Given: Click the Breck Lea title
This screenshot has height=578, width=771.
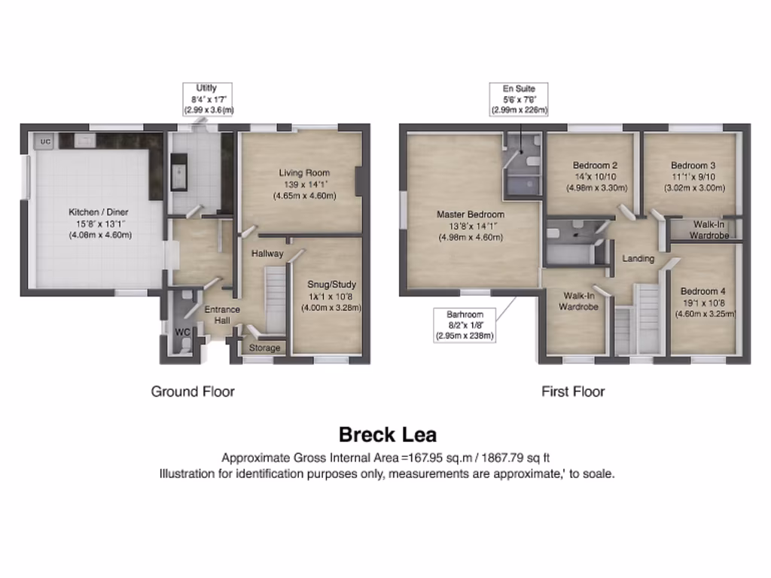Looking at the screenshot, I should click(x=387, y=435).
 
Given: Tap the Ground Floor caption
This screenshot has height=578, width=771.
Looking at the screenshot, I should click(x=193, y=391).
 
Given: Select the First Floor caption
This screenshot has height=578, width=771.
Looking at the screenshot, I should click(x=573, y=391).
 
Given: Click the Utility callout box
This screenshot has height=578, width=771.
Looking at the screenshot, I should click(x=208, y=99).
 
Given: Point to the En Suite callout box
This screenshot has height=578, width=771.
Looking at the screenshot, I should click(x=519, y=99).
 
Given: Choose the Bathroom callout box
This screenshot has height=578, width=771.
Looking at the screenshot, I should click(x=464, y=325).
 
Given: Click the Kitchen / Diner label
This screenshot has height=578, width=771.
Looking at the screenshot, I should click(x=100, y=212).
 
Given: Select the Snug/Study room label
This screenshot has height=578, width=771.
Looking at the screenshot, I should click(x=331, y=284).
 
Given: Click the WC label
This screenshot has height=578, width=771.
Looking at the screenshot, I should click(x=181, y=332).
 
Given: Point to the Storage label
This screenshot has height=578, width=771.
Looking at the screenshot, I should click(x=264, y=348).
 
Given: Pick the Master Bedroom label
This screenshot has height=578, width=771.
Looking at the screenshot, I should click(x=471, y=214).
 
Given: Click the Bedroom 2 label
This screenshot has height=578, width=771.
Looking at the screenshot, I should click(x=595, y=166).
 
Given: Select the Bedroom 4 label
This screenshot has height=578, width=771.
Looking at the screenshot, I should click(x=702, y=292).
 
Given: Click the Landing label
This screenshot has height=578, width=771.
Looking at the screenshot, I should click(x=638, y=259).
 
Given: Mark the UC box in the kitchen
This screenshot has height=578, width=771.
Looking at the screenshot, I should click(x=44, y=141).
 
